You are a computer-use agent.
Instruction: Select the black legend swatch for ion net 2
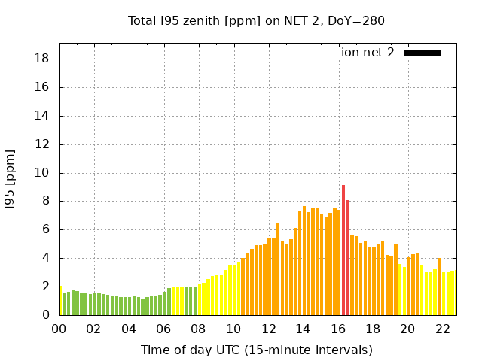pyautogui.click(x=422, y=53)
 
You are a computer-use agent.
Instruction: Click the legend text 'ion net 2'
pyautogui.click(x=368, y=53)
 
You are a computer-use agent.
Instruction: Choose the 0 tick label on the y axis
pyautogui.click(x=46, y=315)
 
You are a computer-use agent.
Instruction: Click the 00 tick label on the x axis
pyautogui.click(x=59, y=329)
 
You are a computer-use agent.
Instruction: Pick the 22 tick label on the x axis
pyautogui.click(x=443, y=329)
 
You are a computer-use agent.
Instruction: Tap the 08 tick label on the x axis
pyautogui.click(x=199, y=329)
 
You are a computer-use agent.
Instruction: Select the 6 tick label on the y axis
pyautogui.click(x=46, y=229)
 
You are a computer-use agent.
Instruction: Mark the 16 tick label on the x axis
pyautogui.click(x=338, y=329)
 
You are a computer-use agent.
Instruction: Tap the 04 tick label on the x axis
pyautogui.click(x=130, y=329)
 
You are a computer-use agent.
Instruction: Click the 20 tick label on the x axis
pyautogui.click(x=408, y=329)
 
